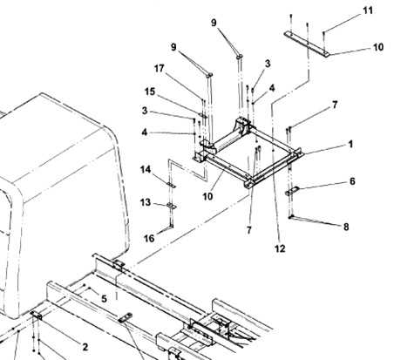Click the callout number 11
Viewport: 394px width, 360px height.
click(x=368, y=10)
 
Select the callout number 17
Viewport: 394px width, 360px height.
click(x=159, y=69)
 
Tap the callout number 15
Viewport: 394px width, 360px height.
click(x=150, y=92)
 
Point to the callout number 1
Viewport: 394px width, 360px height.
click(x=350, y=144)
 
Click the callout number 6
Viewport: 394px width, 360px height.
click(x=352, y=181)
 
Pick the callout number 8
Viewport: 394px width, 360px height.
click(x=346, y=227)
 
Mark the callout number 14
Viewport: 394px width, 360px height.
click(x=146, y=169)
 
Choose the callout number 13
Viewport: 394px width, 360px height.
click(x=146, y=202)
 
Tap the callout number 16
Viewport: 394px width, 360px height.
click(x=149, y=238)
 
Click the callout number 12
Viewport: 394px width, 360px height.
click(x=280, y=248)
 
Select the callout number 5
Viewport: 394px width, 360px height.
click(x=104, y=299)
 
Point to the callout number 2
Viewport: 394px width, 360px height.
click(x=85, y=347)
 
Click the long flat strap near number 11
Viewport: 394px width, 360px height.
click(x=307, y=44)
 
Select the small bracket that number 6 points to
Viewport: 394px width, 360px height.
click(x=291, y=191)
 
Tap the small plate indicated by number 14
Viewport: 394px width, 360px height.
click(x=171, y=185)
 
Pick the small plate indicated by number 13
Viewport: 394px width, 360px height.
click(x=172, y=206)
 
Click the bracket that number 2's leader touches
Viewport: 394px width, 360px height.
click(x=36, y=315)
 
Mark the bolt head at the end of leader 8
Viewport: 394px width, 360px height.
click(x=290, y=216)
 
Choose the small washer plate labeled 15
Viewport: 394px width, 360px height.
click(x=204, y=117)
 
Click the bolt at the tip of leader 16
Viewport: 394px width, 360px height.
click(x=172, y=226)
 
